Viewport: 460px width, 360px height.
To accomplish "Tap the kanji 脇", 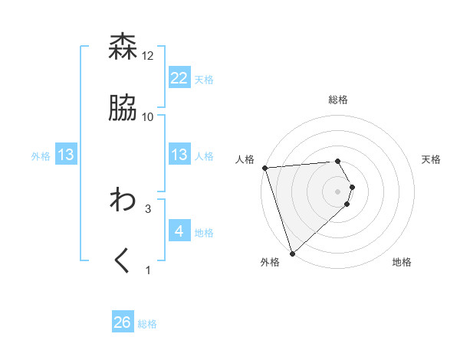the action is (123, 108).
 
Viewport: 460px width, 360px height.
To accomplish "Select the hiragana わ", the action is (123, 200).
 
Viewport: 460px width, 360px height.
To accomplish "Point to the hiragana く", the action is (123, 261).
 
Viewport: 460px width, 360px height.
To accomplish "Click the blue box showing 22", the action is (179, 78).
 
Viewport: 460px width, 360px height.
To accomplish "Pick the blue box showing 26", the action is (123, 322).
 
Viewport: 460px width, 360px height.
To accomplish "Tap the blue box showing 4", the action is (179, 231).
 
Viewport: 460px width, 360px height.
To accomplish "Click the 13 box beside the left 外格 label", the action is (66, 155).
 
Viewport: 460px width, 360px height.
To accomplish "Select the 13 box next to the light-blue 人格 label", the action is (179, 155).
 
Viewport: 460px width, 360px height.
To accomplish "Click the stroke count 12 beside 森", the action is (148, 56).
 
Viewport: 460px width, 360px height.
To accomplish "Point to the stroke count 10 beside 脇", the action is (148, 117).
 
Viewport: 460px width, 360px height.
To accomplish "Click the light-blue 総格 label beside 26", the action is (147, 324).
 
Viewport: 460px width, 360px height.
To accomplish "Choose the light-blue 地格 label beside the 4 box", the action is (204, 232).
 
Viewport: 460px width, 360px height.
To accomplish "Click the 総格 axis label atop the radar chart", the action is (338, 100).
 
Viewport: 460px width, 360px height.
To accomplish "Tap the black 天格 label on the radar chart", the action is (432, 159).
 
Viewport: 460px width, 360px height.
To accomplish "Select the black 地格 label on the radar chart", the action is (402, 262).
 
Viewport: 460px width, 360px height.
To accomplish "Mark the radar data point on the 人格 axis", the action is (264, 168).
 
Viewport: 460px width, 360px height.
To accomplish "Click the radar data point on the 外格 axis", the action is (292, 253).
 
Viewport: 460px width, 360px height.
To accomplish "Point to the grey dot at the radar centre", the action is (338, 191).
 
